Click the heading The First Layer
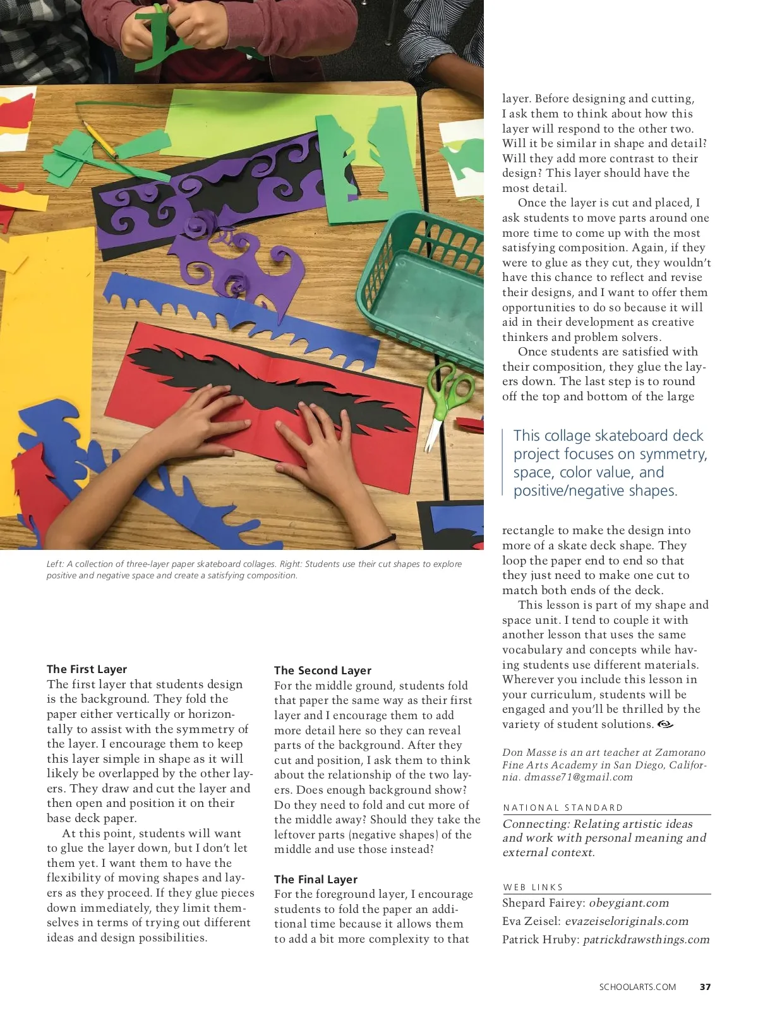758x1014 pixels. click(x=87, y=669)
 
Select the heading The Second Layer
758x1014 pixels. click(x=322, y=671)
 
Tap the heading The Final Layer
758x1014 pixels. click(x=315, y=880)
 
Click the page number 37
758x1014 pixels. click(x=705, y=987)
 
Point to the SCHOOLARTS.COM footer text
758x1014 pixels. click(x=637, y=987)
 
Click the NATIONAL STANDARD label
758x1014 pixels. click(x=563, y=808)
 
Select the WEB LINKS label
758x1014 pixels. click(x=533, y=887)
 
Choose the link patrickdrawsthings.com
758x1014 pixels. click(x=646, y=940)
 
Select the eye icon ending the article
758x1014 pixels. click(x=665, y=724)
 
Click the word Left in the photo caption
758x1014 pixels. click(x=55, y=564)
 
